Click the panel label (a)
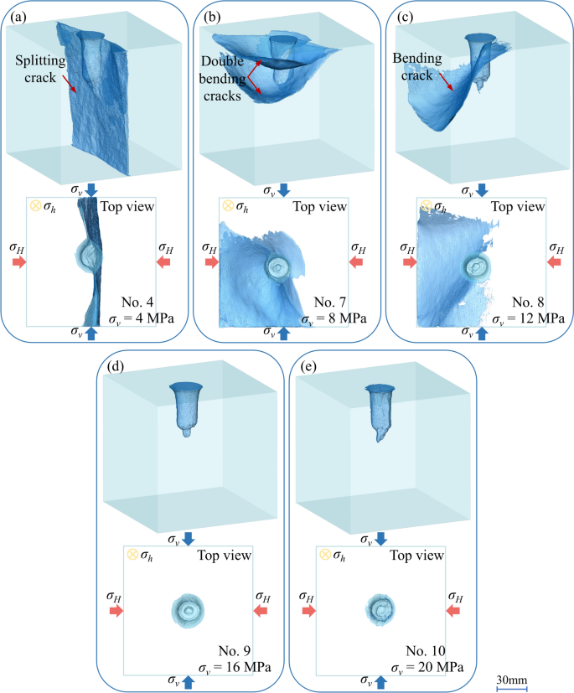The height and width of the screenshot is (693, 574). click(15, 13)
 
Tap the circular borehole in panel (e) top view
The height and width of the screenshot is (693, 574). click(382, 609)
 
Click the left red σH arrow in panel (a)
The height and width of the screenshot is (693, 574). click(18, 263)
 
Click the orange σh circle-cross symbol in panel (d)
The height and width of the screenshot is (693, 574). click(132, 553)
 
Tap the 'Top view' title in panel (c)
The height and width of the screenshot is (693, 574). click(514, 205)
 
